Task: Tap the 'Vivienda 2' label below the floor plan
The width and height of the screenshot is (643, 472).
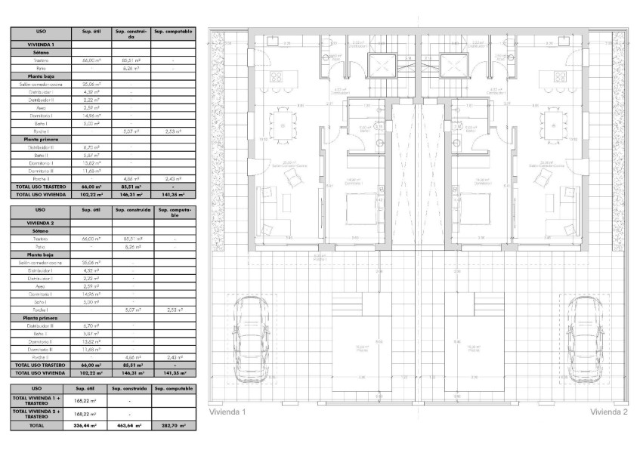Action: pyautogui.click(x=609, y=412)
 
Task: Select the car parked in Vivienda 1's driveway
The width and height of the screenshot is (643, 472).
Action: pyautogui.click(x=249, y=330)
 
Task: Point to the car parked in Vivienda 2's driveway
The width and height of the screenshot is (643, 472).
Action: pyautogui.click(x=586, y=330)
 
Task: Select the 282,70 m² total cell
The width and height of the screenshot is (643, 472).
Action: pyautogui.click(x=174, y=426)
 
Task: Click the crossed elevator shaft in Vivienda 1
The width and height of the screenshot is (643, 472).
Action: pyautogui.click(x=382, y=65)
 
